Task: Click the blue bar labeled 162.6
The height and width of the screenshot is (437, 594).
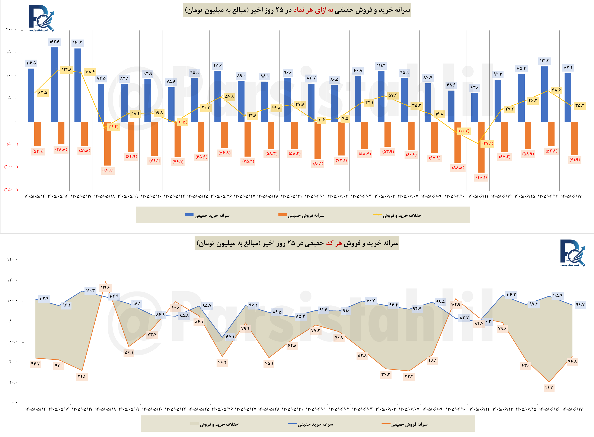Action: (x=54, y=85)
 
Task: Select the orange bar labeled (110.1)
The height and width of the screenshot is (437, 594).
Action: (x=481, y=147)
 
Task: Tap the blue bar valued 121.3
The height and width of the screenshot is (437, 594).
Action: (x=544, y=94)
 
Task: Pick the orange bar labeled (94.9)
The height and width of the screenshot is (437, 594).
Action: (x=108, y=144)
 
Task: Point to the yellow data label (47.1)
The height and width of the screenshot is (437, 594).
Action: (x=488, y=143)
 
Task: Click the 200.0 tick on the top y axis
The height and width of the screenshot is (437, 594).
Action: (x=11, y=29)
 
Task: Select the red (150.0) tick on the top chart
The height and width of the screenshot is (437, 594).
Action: (x=11, y=190)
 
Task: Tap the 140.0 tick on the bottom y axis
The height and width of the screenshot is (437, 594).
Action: (x=12, y=260)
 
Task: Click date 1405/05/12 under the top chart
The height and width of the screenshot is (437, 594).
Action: (x=35, y=196)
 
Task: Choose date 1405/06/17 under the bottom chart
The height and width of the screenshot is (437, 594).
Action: (x=572, y=409)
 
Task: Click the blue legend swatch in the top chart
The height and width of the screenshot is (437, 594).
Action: (x=189, y=215)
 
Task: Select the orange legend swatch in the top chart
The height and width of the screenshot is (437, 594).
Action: (x=282, y=215)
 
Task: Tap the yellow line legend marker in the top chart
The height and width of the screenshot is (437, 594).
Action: (x=377, y=215)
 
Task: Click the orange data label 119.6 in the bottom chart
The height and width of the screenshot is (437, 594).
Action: (x=105, y=287)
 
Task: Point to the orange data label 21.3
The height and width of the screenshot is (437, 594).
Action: (x=549, y=388)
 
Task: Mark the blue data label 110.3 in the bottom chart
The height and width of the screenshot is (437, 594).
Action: (x=90, y=291)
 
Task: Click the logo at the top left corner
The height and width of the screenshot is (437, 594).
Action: (x=41, y=18)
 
